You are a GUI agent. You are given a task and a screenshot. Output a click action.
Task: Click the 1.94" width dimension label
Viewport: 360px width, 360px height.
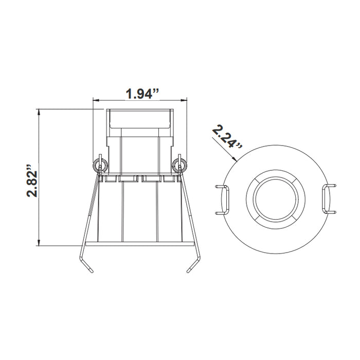140,94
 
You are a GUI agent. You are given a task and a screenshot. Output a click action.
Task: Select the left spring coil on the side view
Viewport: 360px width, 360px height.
100,165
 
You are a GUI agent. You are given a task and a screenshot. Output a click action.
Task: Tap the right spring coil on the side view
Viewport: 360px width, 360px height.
179,165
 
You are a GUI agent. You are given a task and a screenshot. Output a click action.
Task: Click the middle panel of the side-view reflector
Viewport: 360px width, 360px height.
139,211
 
